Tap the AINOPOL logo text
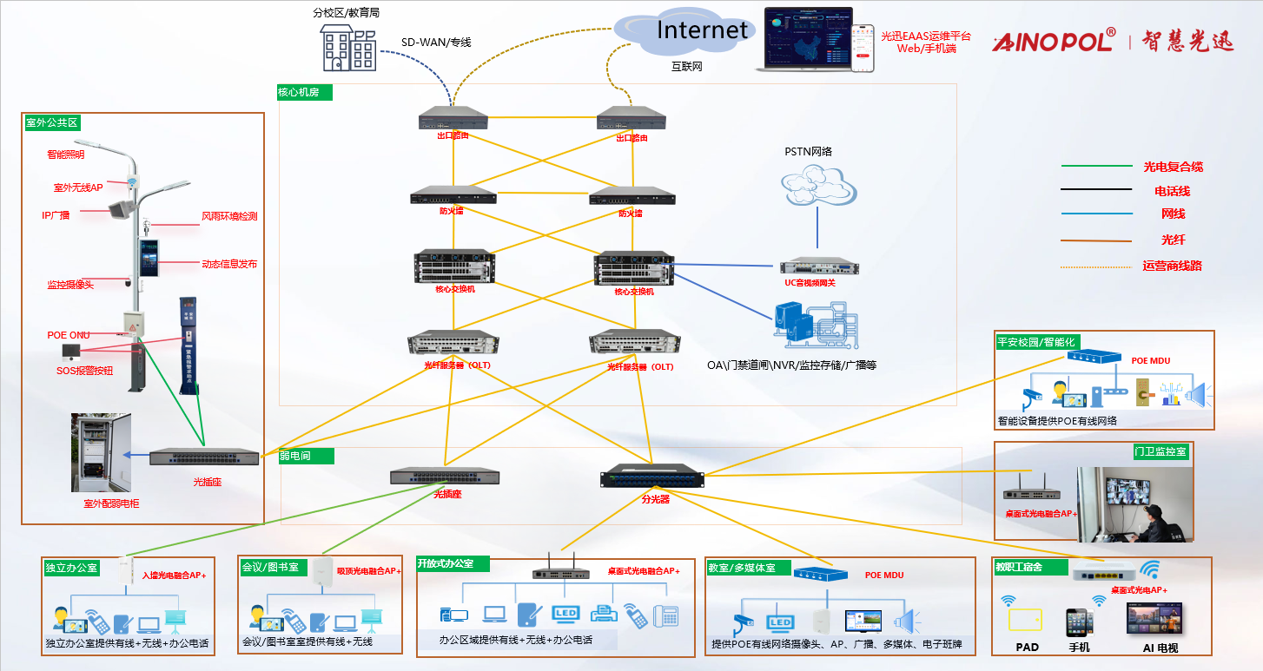tap(1053, 41)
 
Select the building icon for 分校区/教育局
tap(348, 49)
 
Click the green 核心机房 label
tap(304, 92)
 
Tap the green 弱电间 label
tap(295, 455)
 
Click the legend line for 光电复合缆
tap(1096, 165)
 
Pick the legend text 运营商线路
tap(1172, 266)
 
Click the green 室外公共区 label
tap(51, 122)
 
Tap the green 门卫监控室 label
tap(1160, 451)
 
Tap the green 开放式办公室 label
tap(453, 563)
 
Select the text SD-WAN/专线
tap(436, 42)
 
